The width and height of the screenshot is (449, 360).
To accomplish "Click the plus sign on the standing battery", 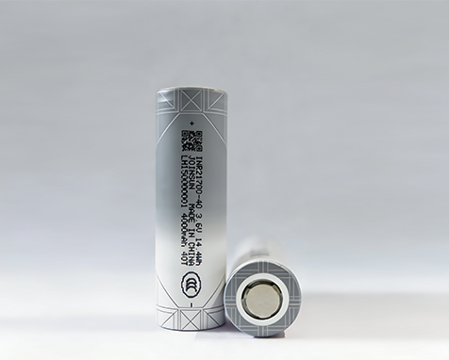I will click(x=191, y=123).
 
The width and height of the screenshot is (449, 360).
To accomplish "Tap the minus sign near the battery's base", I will click(x=191, y=303).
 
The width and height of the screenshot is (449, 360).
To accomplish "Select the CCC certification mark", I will click(x=191, y=283).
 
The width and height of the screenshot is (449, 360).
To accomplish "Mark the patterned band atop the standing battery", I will click(x=191, y=104).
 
